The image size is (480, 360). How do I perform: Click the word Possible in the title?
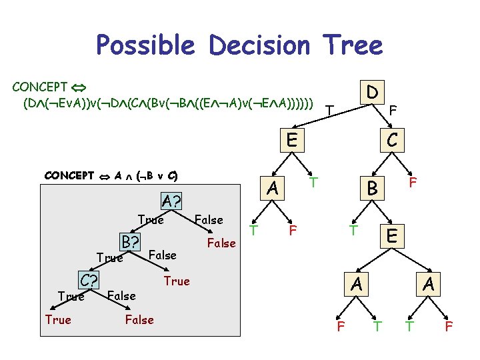click(145, 45)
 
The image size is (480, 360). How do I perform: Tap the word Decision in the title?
click(260, 45)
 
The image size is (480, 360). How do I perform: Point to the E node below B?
click(392, 235)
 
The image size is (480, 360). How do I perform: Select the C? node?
click(88, 279)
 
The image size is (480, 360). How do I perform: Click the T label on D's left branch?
click(328, 109)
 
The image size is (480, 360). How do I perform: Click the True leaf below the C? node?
click(58, 320)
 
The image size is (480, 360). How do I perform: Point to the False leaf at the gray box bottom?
click(139, 320)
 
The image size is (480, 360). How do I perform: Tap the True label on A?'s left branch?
click(150, 220)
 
